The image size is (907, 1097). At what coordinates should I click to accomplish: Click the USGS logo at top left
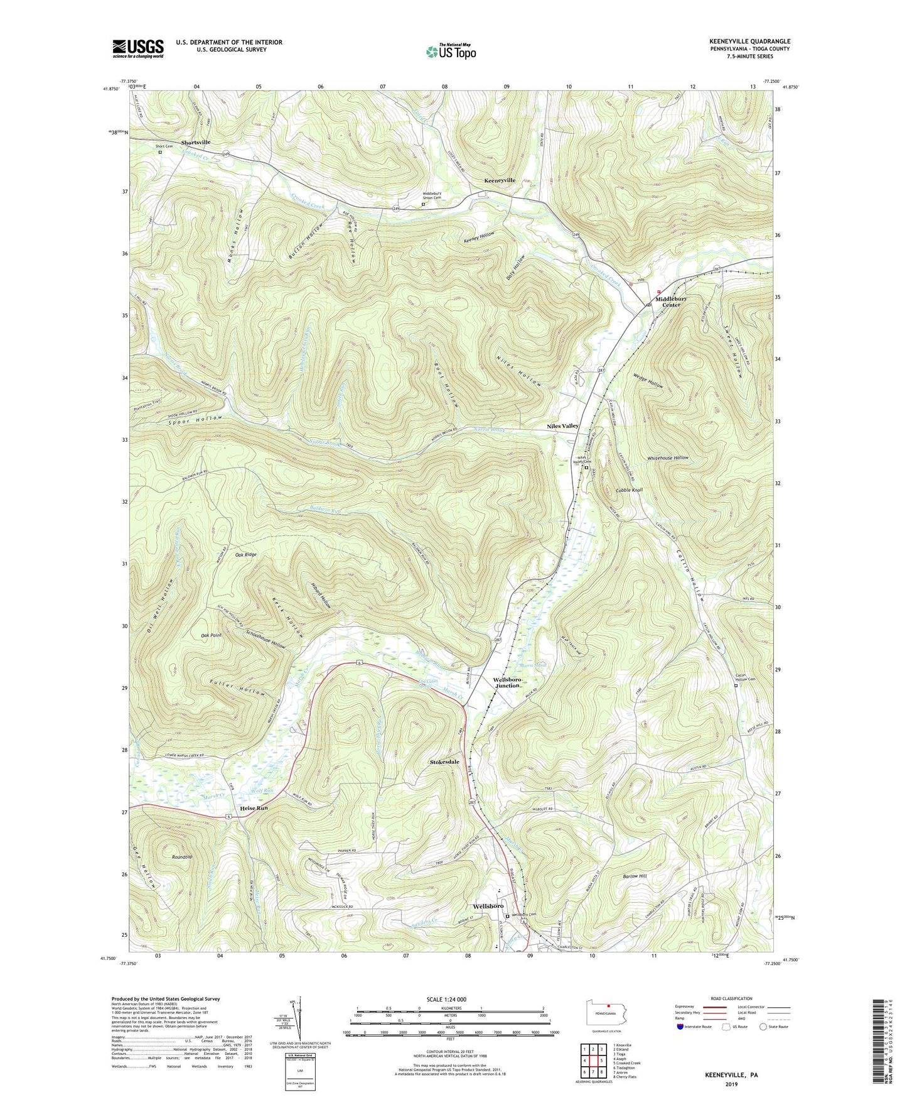pyautogui.click(x=138, y=48)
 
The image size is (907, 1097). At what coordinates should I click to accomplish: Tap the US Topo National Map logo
pyautogui.click(x=449, y=52)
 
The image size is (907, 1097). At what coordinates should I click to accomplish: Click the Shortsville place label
pyautogui.click(x=196, y=142)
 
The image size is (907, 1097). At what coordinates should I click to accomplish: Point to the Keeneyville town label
pyautogui.click(x=500, y=180)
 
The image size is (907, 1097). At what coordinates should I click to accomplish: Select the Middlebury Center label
pyautogui.click(x=671, y=302)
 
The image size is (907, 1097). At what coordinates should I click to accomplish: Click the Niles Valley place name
pyautogui.click(x=562, y=426)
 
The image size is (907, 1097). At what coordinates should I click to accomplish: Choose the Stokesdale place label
pyautogui.click(x=444, y=762)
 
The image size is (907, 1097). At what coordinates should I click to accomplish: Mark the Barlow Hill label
pyautogui.click(x=634, y=876)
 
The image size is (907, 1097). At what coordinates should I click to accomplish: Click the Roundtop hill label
pyautogui.click(x=182, y=856)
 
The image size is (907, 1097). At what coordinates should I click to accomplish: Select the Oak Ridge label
pyautogui.click(x=246, y=555)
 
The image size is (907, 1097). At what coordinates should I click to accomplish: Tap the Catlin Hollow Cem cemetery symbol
pyautogui.click(x=737, y=686)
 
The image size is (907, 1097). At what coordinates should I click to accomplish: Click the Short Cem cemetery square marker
pyautogui.click(x=159, y=152)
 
